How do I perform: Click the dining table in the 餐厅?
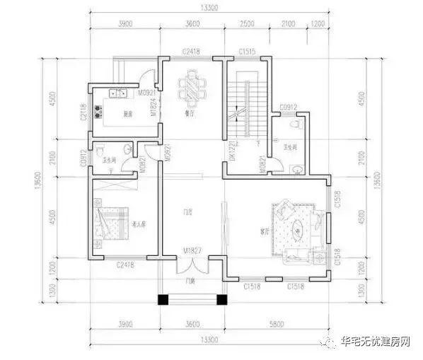click(x=191, y=89)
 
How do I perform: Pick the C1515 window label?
click(x=247, y=52)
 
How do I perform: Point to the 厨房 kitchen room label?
click(x=128, y=114)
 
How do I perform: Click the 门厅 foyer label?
click(x=188, y=211)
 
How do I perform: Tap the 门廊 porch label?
click(x=189, y=281)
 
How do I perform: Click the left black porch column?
click(x=162, y=299)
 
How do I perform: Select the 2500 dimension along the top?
click(x=247, y=24)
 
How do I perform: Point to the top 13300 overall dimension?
click(x=208, y=8)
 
